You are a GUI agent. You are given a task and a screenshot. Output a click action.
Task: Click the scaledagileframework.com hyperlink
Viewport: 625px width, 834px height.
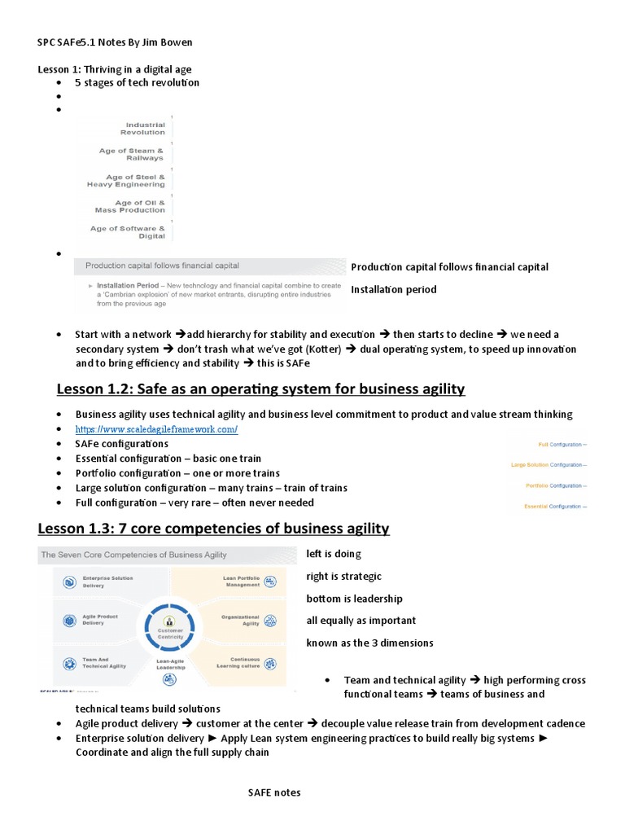tap(156, 429)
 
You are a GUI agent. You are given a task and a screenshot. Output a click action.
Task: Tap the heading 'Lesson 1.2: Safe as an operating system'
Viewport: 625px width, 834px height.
tap(260, 388)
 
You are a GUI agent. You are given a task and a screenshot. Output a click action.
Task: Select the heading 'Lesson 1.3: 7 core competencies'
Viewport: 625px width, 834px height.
tap(213, 529)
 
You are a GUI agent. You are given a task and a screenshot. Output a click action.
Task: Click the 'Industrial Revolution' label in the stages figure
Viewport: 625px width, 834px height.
tap(142, 129)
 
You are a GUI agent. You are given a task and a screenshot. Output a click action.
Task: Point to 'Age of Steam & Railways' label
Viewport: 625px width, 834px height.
tap(131, 154)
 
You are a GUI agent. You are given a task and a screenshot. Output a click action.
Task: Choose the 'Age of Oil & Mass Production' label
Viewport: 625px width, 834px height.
tap(129, 206)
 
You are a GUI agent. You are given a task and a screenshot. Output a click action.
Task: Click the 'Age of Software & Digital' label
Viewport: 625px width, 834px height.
tap(128, 232)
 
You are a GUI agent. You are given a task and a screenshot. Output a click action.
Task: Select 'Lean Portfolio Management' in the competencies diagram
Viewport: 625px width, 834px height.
tap(243, 581)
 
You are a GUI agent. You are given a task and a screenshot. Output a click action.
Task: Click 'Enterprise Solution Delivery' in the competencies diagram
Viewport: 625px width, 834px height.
tap(107, 581)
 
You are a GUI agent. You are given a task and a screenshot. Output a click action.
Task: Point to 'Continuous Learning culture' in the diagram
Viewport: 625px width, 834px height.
tap(243, 662)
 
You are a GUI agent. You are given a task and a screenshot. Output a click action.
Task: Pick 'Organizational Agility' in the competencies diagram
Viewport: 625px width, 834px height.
tap(243, 620)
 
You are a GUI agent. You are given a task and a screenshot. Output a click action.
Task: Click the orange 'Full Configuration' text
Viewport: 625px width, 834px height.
tap(562, 444)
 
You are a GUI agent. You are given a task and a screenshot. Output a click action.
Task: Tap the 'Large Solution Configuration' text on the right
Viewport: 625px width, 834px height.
tap(549, 465)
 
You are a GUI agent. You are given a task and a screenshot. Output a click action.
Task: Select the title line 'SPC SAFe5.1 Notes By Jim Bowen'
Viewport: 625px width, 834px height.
tap(115, 42)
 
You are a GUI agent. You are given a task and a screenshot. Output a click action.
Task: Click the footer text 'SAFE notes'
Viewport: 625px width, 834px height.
tap(274, 792)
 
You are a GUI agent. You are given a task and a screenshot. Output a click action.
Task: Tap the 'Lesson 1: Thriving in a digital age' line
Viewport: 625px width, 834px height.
tap(115, 69)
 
